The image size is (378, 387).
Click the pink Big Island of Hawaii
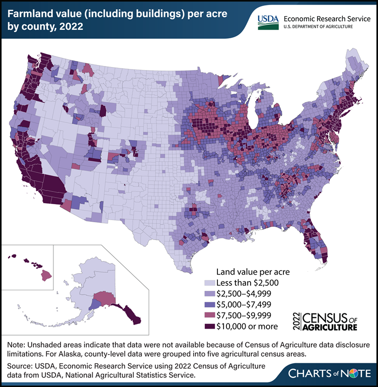point(47,275)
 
